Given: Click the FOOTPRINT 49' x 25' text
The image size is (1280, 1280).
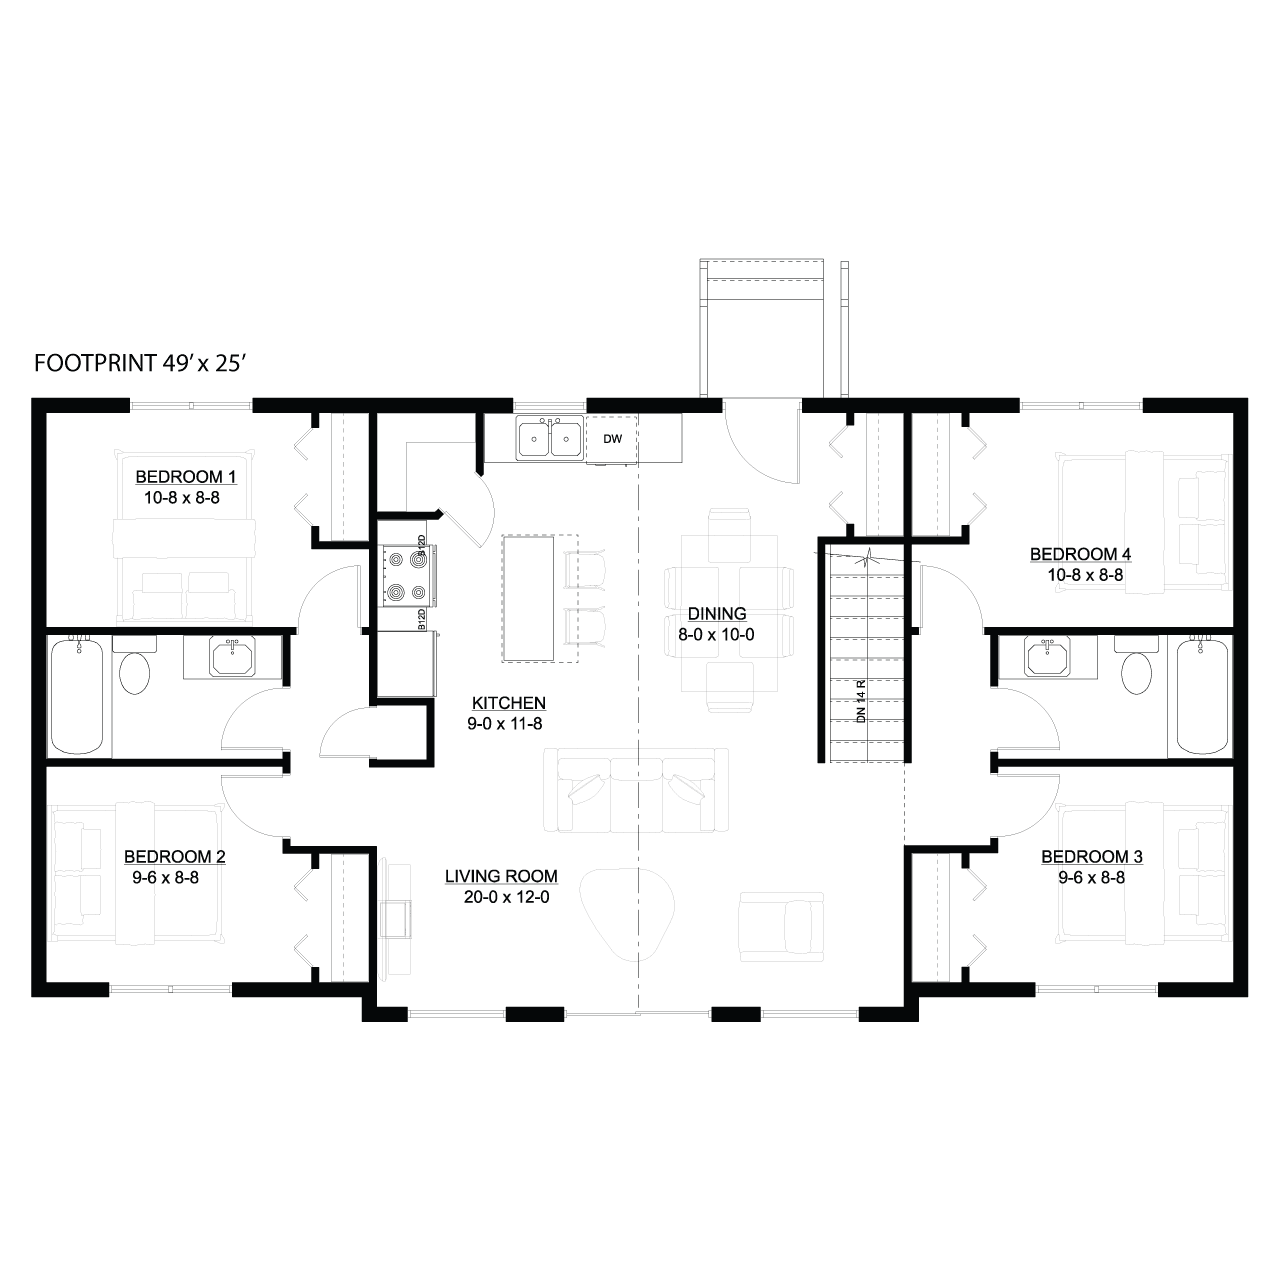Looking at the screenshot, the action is click(x=140, y=363).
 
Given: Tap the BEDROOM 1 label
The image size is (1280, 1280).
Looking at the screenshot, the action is click(x=186, y=476).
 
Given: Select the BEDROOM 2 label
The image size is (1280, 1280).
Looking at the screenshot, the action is click(x=175, y=856).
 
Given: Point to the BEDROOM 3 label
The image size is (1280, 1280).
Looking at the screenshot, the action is click(x=1092, y=856).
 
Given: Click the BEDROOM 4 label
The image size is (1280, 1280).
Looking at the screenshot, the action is click(x=1081, y=553).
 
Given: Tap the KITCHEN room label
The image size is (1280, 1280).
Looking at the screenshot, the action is click(x=509, y=702).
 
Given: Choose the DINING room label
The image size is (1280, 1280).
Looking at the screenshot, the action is click(x=717, y=613).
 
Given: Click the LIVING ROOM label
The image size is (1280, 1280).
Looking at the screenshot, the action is click(x=502, y=876).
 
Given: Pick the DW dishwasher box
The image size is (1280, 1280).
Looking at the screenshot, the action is click(x=612, y=439).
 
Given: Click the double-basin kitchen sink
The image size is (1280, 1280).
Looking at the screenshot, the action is click(x=551, y=438).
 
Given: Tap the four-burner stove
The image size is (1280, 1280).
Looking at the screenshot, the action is click(x=408, y=575).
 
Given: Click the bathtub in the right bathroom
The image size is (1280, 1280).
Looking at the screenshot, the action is click(x=1202, y=694).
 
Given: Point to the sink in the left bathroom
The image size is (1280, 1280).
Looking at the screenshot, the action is click(x=232, y=656).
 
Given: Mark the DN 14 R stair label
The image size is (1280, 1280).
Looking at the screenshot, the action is click(x=862, y=701).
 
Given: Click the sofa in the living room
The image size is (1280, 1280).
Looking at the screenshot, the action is click(x=636, y=790).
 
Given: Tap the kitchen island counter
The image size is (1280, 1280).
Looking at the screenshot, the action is click(x=528, y=598).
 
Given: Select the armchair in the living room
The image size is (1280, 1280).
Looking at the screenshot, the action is click(x=782, y=927).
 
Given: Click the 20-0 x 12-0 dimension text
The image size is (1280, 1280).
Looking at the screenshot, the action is click(x=507, y=897).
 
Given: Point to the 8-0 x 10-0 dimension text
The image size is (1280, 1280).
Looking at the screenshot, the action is click(x=716, y=634).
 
